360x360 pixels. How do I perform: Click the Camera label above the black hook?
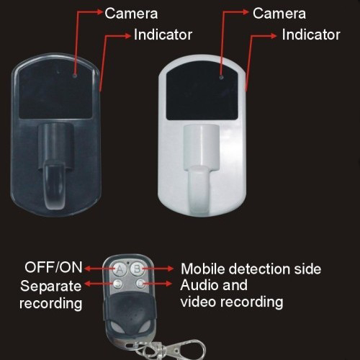pyautogui.click(x=131, y=14)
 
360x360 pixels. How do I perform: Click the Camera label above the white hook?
pyautogui.click(x=279, y=14)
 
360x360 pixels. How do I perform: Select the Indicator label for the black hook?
pyautogui.click(x=163, y=35)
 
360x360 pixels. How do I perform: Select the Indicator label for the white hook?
pyautogui.click(x=311, y=35)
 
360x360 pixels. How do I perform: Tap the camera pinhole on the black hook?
pyautogui.click(x=75, y=76)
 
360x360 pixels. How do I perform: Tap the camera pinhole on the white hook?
pyautogui.click(x=221, y=77)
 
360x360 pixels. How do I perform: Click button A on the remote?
pyautogui.click(x=120, y=269)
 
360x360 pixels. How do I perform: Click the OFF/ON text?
pyautogui.click(x=53, y=267)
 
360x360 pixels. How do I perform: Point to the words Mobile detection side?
pyautogui.click(x=251, y=269)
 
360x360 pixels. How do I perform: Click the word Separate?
pyautogui.click(x=51, y=286)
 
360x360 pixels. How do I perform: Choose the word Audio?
pyautogui.click(x=198, y=285)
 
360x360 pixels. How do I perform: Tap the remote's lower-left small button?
pyautogui.click(x=117, y=284)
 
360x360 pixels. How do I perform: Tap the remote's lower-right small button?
pyautogui.click(x=140, y=284)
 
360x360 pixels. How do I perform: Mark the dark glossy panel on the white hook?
pyautogui.click(x=202, y=93)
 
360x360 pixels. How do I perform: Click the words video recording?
pyautogui.click(x=232, y=302)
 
